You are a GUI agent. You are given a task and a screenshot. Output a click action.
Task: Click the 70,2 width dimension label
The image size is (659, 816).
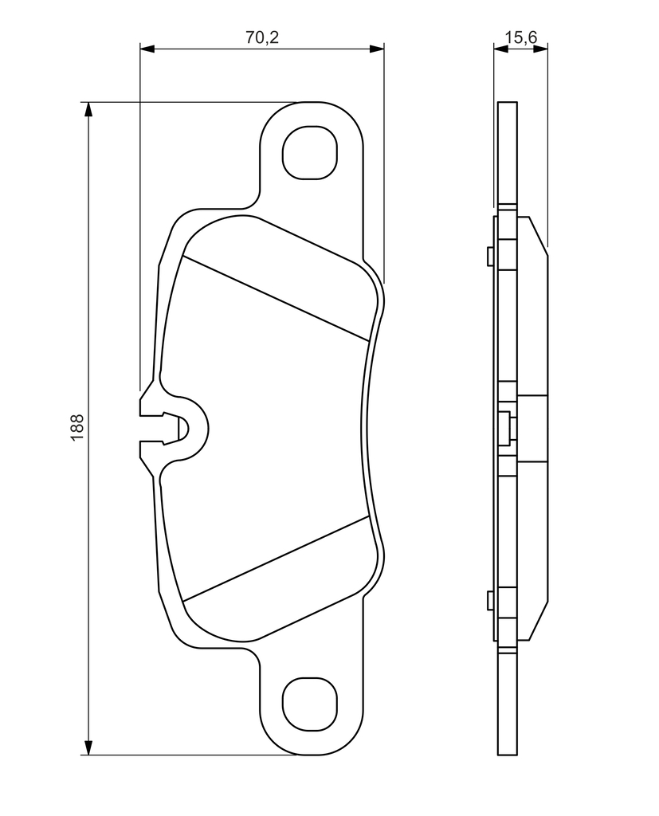(x=262, y=37)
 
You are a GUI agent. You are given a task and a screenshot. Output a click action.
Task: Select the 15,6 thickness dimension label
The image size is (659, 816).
(x=520, y=37)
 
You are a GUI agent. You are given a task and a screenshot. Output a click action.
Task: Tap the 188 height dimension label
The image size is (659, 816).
(x=77, y=428)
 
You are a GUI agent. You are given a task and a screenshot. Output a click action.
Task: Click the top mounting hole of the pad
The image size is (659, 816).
(x=310, y=152)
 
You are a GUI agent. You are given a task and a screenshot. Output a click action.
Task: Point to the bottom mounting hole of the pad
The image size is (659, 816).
(x=310, y=705)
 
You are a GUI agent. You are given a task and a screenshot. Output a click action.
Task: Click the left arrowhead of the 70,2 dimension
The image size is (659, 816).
(x=147, y=49)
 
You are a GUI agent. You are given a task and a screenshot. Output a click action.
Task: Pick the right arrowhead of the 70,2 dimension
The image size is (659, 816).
(x=377, y=49)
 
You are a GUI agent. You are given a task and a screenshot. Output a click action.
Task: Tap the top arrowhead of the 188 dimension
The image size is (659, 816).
(x=89, y=110)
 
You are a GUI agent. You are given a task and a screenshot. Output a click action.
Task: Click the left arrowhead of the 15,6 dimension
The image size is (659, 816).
(x=500, y=49)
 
